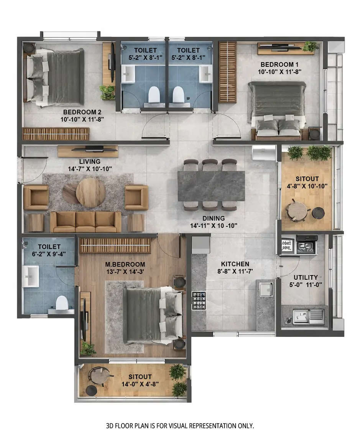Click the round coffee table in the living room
[x=91, y=192]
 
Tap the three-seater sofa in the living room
[x=85, y=221]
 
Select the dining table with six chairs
[x=211, y=186]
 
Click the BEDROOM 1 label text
[x=279, y=64]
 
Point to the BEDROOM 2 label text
[x=82, y=112]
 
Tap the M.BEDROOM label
[x=126, y=264]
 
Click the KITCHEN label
[x=235, y=264]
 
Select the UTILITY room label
[x=306, y=277]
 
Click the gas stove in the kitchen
[x=199, y=300]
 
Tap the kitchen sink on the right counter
[x=266, y=289]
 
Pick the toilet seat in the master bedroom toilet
[x=62, y=303]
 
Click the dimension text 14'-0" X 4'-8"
[x=140, y=383]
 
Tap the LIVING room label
[x=90, y=162]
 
